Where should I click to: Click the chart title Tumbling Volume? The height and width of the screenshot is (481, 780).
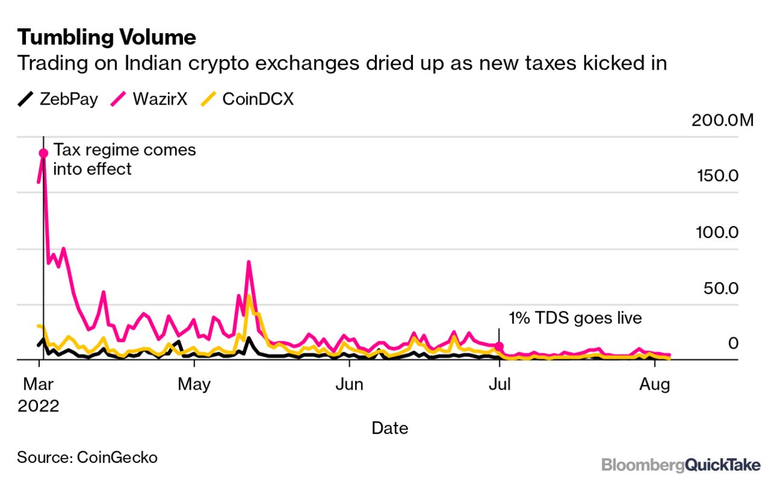coord(106,37)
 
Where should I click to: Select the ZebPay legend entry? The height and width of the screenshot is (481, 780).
coord(58,99)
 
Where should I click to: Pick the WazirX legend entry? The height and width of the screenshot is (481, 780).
coord(150,99)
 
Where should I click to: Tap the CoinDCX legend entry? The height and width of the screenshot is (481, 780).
coord(247,99)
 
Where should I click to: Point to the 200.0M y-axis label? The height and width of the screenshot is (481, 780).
coord(722,120)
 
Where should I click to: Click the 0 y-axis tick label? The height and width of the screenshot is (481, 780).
coord(732,343)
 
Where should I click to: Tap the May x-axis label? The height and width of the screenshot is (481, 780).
coord(194,384)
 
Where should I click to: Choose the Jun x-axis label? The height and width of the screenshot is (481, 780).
coord(348,384)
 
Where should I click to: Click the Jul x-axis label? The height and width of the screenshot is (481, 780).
coord(499,384)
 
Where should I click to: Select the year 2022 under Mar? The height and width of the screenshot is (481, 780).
coord(39,405)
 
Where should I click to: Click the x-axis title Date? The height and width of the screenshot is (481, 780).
coord(389,428)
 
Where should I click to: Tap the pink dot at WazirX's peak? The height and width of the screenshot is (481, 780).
coord(43,153)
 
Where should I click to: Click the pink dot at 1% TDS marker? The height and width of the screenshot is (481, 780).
coord(499,346)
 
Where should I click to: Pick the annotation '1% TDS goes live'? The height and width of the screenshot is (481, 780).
coord(575,318)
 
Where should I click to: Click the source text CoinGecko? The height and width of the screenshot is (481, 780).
coord(88,457)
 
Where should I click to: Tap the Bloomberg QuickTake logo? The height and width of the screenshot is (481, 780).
coord(680,465)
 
